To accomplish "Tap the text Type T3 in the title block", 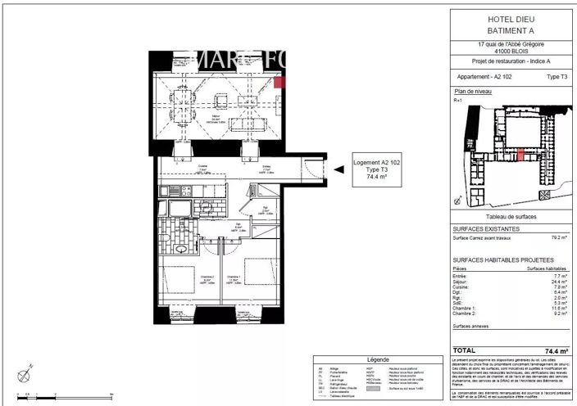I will pyautogui.click(x=557, y=75).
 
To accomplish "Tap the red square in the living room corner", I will pyautogui.click(x=279, y=81).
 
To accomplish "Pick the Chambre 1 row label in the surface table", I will pyautogui.click(x=465, y=307).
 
